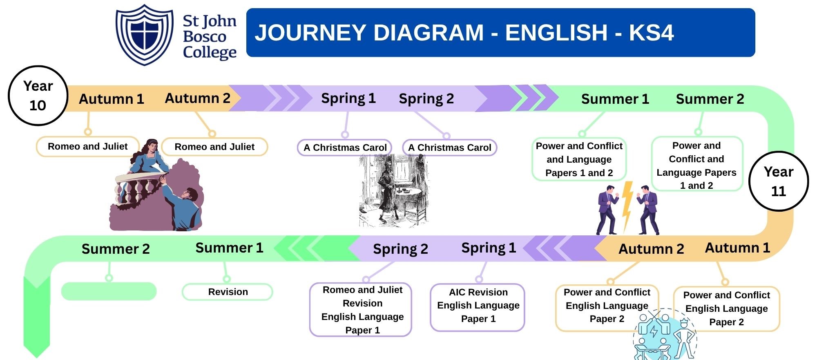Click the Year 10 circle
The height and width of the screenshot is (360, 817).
click(38, 96)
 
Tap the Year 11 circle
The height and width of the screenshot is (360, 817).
click(779, 181)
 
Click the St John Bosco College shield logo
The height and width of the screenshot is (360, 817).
click(145, 34)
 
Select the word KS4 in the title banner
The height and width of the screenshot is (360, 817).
click(651, 33)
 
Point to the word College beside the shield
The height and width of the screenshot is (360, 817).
click(210, 53)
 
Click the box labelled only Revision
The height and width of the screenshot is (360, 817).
click(228, 292)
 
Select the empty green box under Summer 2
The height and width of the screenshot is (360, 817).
click(109, 291)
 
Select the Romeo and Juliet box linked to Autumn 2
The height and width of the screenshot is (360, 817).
click(214, 147)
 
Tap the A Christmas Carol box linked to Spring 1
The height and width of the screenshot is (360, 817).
click(345, 148)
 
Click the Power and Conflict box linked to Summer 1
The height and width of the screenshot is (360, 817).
click(579, 159)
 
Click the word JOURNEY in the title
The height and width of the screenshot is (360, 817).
click(310, 33)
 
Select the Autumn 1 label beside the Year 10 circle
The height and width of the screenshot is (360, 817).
click(111, 99)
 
